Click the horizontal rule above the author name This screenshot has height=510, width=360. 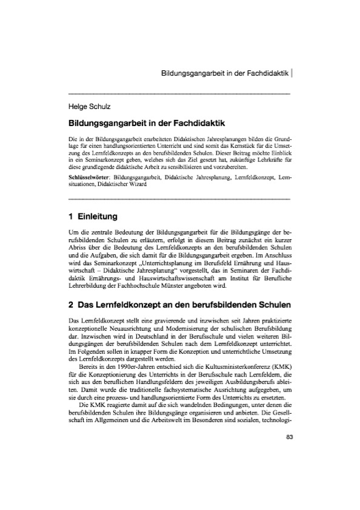(x=180, y=93)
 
